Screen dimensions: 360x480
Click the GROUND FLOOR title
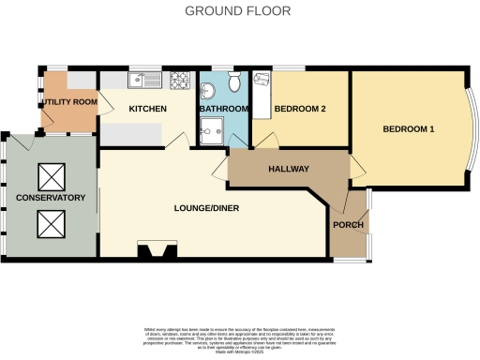coord(237,11)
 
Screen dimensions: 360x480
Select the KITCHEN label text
coord(147,110)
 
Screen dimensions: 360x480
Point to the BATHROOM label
coord(222,110)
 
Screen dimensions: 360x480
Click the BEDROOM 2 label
coord(299,110)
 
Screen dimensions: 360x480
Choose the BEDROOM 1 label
coord(407,129)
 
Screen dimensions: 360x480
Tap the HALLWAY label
coord(289,169)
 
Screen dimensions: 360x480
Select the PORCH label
coord(347,225)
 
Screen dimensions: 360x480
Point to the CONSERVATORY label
coord(51,198)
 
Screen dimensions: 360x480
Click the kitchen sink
coord(144,80)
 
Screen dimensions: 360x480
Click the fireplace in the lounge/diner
coord(156,249)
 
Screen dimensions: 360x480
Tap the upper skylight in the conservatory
coord(50,175)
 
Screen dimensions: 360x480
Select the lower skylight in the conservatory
coord(50,222)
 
